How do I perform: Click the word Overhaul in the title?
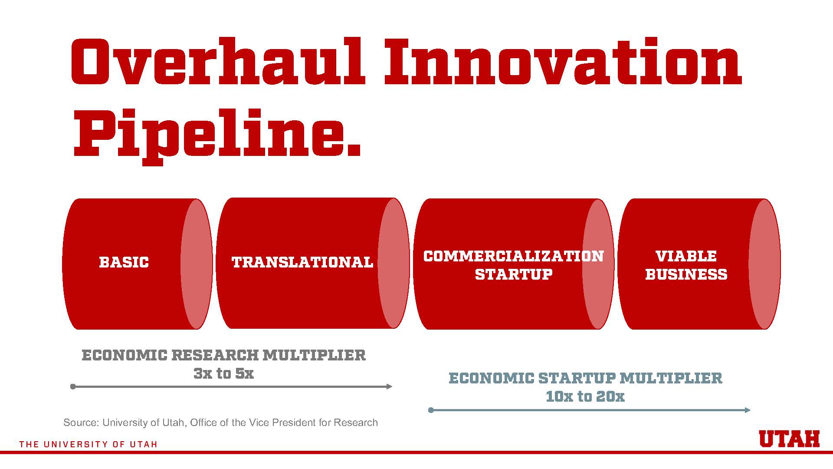click(x=218, y=62)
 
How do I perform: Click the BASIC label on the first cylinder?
click(x=124, y=262)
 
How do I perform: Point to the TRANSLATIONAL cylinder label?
click(x=302, y=262)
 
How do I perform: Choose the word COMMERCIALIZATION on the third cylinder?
click(x=514, y=256)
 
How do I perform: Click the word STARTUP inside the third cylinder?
click(x=514, y=274)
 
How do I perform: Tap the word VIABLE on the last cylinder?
click(x=686, y=256)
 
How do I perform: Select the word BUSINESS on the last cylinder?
click(x=686, y=274)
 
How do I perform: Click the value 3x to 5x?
click(x=223, y=373)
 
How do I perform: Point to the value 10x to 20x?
click(x=585, y=396)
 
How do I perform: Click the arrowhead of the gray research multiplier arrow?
click(x=389, y=386)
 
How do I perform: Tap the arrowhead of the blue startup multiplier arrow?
click(x=748, y=410)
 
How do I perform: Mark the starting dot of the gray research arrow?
click(x=73, y=386)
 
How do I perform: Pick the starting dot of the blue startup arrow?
click(x=431, y=410)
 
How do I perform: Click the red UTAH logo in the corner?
click(x=789, y=439)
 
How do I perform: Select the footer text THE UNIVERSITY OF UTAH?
click(x=89, y=444)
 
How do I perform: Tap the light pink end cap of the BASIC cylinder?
click(x=197, y=264)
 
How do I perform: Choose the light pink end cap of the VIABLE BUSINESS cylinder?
click(x=764, y=264)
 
